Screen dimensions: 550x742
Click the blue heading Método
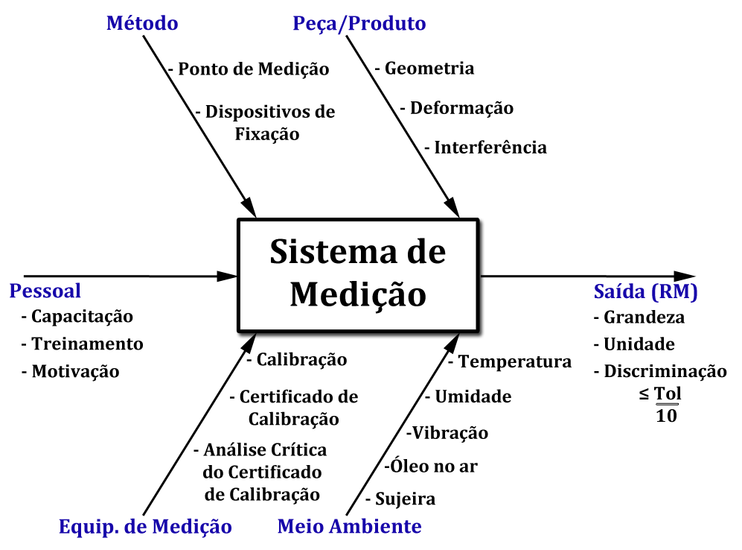coord(142,23)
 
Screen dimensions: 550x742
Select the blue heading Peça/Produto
coord(359,23)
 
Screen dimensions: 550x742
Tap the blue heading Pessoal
coord(45,291)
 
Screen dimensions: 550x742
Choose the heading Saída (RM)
coord(645,292)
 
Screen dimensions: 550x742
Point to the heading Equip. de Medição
coord(145,527)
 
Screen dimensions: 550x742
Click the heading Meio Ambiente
coord(349,527)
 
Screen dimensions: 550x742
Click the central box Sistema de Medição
coord(357,274)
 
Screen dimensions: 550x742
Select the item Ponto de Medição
coord(254,69)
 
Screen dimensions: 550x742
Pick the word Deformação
coord(461,108)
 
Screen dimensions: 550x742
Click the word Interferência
coord(490,148)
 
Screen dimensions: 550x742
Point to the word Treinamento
coord(87,344)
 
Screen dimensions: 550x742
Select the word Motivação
coord(75,371)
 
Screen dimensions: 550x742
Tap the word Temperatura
coord(514,362)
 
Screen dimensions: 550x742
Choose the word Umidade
coord(473,396)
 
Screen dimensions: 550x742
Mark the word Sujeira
coord(405,499)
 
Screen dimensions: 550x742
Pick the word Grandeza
coord(645,317)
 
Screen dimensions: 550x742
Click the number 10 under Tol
coord(667,416)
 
